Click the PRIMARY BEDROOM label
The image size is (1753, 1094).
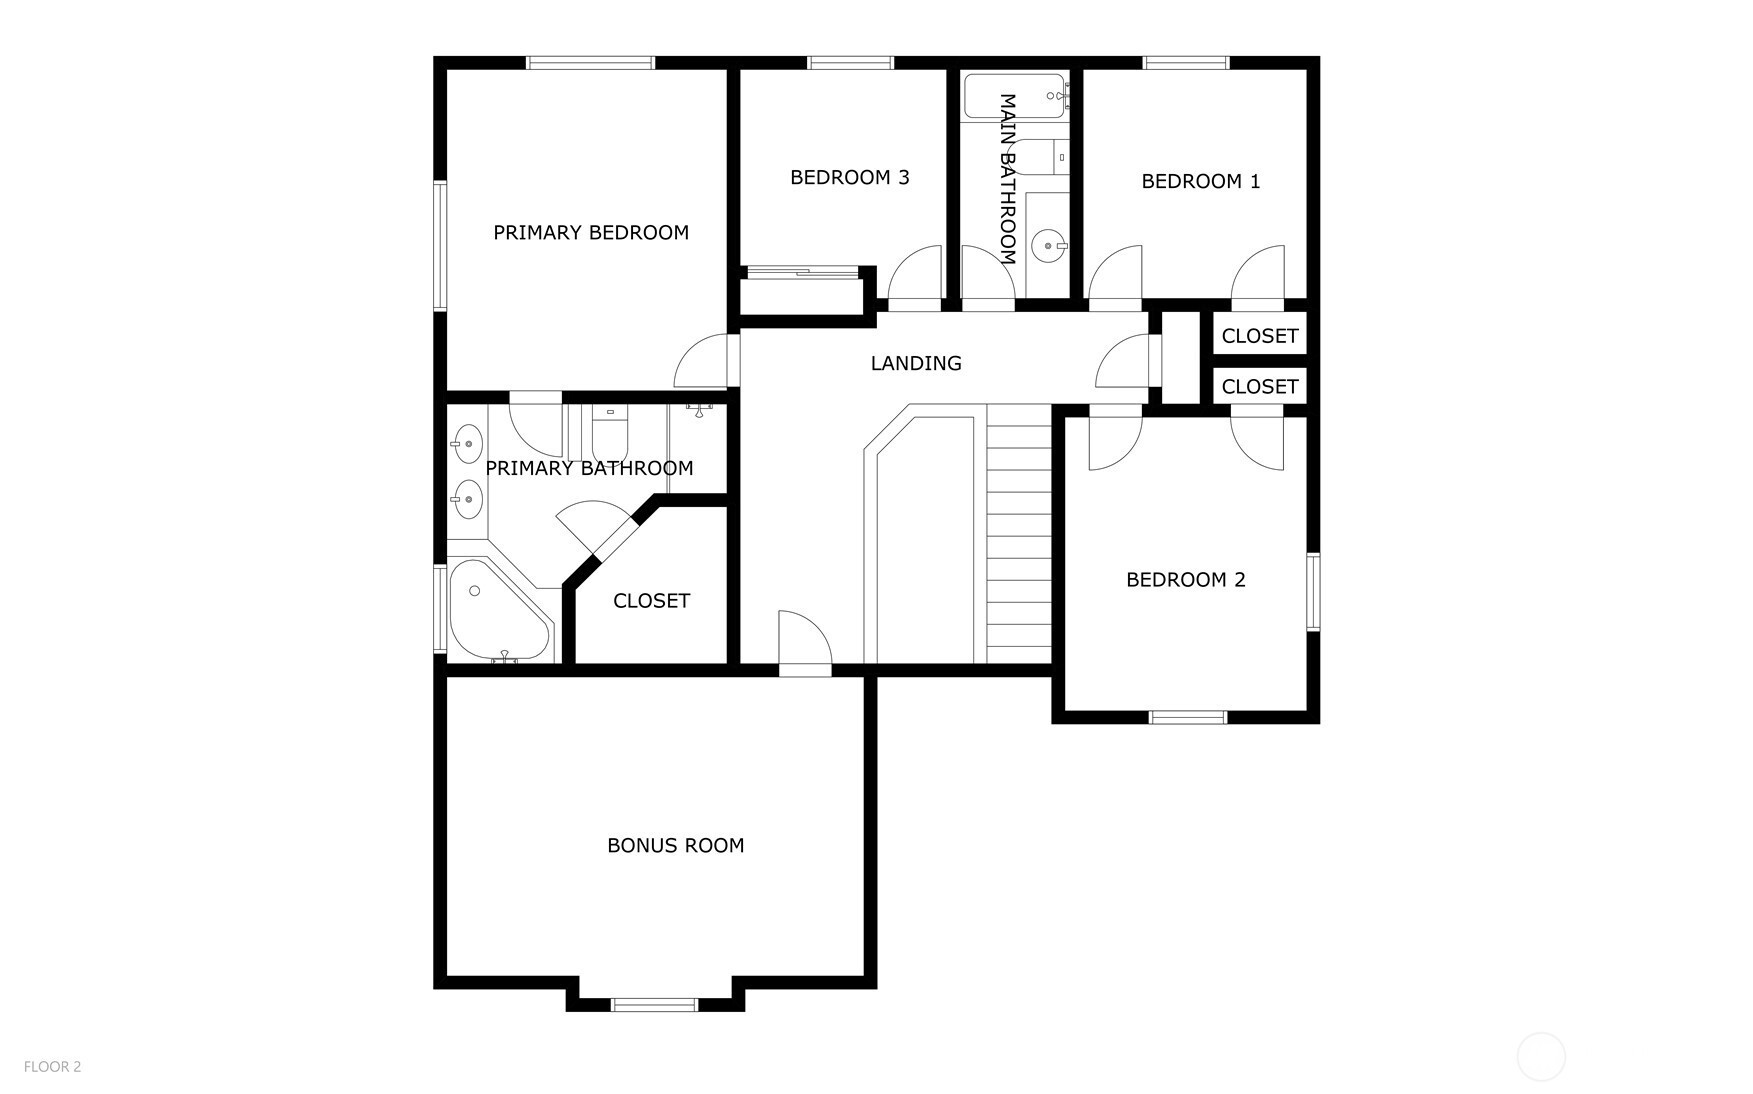pos(591,233)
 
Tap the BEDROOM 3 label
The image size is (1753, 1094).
pos(850,178)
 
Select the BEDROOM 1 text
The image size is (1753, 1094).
pos(1201,182)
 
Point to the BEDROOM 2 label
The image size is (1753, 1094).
pos(1186,580)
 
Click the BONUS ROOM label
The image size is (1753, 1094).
pos(676,846)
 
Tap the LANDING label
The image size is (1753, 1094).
pos(916,364)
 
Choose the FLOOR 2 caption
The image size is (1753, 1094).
pos(53,1067)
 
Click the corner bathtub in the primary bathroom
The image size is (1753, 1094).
pos(499,610)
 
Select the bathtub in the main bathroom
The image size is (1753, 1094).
pos(1016,96)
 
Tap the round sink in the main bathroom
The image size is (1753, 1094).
pos(1048,245)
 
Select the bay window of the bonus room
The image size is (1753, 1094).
pos(655,1004)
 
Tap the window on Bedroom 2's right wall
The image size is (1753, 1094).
pos(1313,591)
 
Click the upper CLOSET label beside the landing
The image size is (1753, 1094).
pos(1260,336)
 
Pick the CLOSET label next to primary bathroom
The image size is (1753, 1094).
pos(651,601)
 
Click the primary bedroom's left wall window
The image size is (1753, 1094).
pos(439,245)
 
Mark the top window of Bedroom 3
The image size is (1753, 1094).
pos(850,63)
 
